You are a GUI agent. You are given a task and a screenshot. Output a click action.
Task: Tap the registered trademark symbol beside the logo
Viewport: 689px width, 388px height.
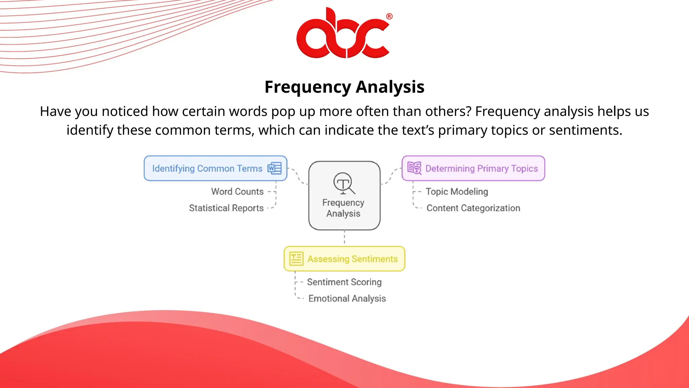[x=389, y=16]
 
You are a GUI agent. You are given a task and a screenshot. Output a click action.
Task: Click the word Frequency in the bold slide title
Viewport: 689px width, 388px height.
[x=307, y=87]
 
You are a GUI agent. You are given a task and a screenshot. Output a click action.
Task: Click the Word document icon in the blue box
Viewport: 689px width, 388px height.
[x=275, y=168]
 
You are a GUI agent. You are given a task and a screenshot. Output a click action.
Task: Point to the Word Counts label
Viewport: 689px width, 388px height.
[x=237, y=191]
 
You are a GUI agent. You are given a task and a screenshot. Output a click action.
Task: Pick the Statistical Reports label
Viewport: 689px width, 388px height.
[x=226, y=208]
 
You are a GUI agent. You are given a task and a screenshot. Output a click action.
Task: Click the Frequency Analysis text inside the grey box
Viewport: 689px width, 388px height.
[x=343, y=208]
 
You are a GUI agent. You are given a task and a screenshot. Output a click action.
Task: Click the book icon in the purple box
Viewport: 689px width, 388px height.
[x=414, y=168]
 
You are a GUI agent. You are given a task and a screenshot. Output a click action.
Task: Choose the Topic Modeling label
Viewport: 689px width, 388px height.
[x=457, y=191]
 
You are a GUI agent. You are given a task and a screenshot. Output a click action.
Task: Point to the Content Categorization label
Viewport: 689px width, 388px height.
[x=473, y=208]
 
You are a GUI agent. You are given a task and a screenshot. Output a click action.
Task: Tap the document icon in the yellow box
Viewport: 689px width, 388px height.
[x=296, y=259]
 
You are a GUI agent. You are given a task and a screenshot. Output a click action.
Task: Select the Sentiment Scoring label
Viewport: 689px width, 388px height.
[x=344, y=282]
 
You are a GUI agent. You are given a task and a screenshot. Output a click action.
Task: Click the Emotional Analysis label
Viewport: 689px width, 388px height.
[x=347, y=298]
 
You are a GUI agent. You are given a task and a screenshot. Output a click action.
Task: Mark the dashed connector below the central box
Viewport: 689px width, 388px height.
[x=344, y=238]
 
